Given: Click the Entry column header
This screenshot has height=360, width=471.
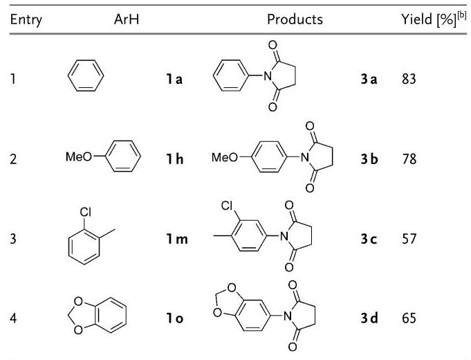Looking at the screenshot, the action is [x=26, y=20].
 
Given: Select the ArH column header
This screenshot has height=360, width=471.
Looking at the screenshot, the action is [x=127, y=19].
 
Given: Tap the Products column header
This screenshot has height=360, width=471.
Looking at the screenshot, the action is [x=295, y=19].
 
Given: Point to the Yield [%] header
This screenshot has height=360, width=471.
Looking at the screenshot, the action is [x=434, y=19].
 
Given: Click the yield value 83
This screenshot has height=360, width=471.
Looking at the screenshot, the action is [x=409, y=79].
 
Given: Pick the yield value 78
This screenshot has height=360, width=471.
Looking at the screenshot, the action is [x=409, y=159].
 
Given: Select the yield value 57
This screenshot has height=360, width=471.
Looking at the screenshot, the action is [x=409, y=239].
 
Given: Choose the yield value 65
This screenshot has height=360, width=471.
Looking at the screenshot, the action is [x=409, y=318].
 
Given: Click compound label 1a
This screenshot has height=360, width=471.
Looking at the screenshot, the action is [x=174, y=79].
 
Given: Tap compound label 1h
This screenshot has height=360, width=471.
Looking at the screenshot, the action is [x=175, y=159].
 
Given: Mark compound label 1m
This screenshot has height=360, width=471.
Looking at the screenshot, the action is [x=177, y=239].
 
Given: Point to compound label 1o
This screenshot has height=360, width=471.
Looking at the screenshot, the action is [x=175, y=318].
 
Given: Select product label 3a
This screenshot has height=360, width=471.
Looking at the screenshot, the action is [x=369, y=79].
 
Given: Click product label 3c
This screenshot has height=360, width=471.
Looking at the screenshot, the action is [x=369, y=239].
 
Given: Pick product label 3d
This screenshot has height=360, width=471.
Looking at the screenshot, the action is [x=369, y=318].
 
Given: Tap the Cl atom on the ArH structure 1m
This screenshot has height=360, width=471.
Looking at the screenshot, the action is [x=85, y=213].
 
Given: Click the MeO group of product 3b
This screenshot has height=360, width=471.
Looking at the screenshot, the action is [x=225, y=157].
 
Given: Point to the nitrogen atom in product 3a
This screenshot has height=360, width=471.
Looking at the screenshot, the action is [x=268, y=76].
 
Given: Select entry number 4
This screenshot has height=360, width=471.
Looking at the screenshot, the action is [x=13, y=318].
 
